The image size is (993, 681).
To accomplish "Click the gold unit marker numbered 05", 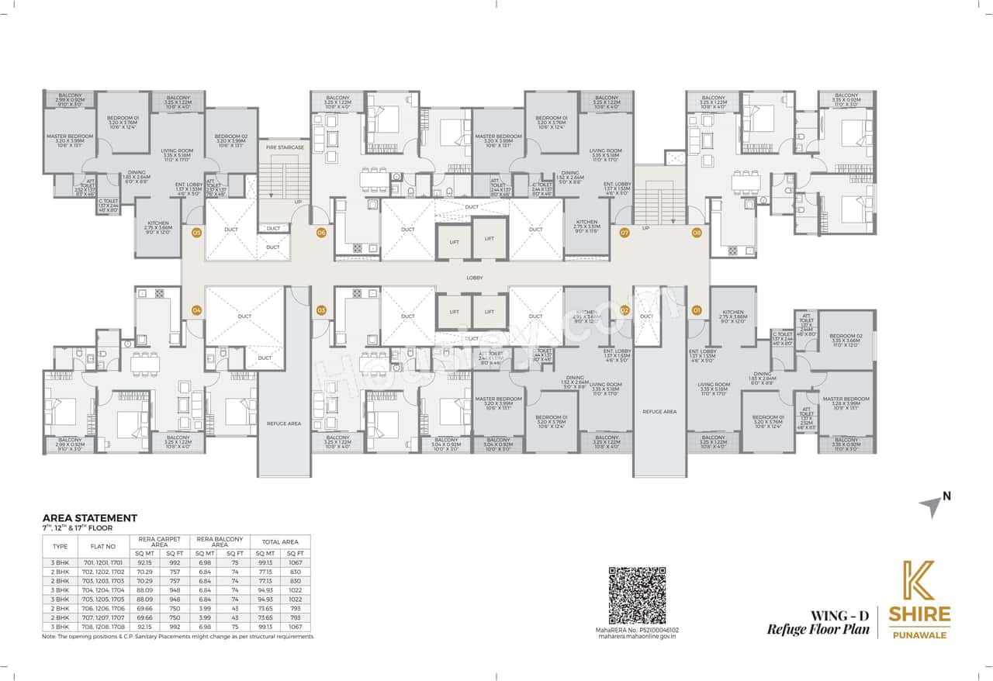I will tap(196, 232).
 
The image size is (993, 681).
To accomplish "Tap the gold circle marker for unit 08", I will tap(697, 232).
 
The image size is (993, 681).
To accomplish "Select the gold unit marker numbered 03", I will tap(321, 310).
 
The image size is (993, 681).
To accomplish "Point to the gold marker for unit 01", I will tap(697, 310).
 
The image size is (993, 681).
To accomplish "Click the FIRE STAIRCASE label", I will tap(284, 147).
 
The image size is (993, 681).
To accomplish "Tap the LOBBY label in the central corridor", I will tap(475, 277).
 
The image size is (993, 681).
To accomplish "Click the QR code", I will tap(636, 596).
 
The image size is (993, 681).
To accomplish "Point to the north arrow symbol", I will tap(932, 506).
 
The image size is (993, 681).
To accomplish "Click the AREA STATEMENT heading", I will tap(89, 518).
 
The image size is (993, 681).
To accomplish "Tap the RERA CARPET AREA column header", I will tap(161, 542).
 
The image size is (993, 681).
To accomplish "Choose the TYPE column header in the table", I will tap(59, 546).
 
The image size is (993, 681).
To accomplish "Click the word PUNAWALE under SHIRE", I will tap(922, 631).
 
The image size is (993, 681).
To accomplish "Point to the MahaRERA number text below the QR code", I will tap(636, 631).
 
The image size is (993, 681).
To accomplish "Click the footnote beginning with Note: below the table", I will tap(178, 636).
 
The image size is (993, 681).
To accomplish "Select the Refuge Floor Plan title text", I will tap(818, 629).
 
